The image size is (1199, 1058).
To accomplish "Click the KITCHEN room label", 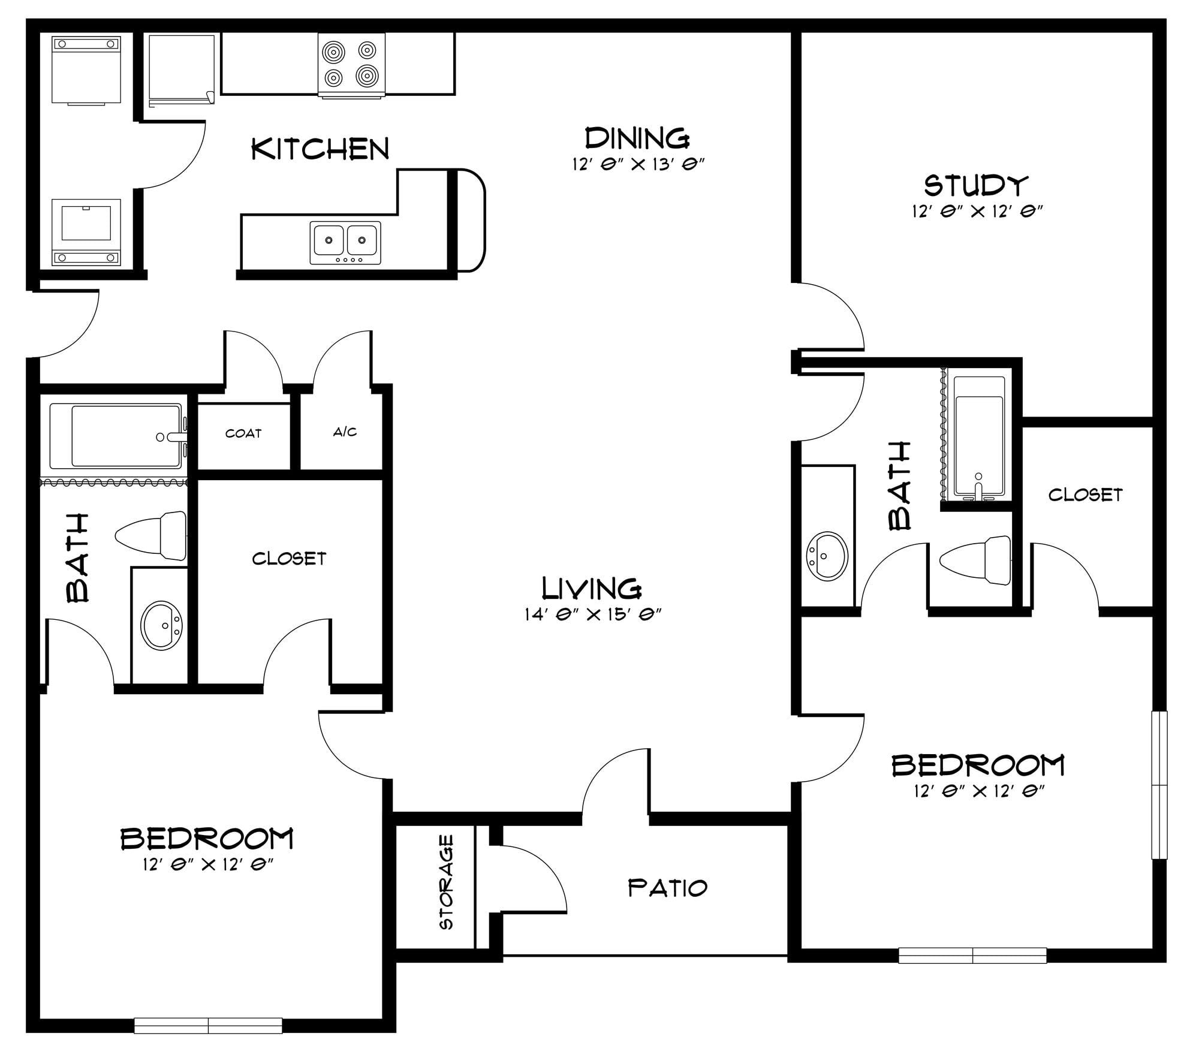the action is click(x=320, y=149).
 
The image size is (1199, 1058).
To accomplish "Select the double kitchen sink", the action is click(x=345, y=243).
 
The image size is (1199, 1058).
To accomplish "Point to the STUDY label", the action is click(x=976, y=185).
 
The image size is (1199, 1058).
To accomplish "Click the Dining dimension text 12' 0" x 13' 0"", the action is click(x=637, y=164).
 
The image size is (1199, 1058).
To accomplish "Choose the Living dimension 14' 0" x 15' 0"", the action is click(x=592, y=614).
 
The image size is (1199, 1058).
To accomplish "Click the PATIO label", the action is click(x=668, y=888).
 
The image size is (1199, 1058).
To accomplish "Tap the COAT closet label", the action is click(x=243, y=433).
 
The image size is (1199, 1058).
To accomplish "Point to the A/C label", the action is click(x=345, y=432).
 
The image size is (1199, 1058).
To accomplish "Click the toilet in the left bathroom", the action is click(x=150, y=535).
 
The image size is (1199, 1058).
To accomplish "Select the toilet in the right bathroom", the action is click(x=975, y=560).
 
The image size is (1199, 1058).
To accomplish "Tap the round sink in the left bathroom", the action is click(x=161, y=626).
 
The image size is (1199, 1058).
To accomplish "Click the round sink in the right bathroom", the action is click(x=827, y=556).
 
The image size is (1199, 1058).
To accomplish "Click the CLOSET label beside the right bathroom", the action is click(x=1085, y=495).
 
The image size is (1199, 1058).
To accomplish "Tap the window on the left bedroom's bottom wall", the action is click(x=208, y=1026).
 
